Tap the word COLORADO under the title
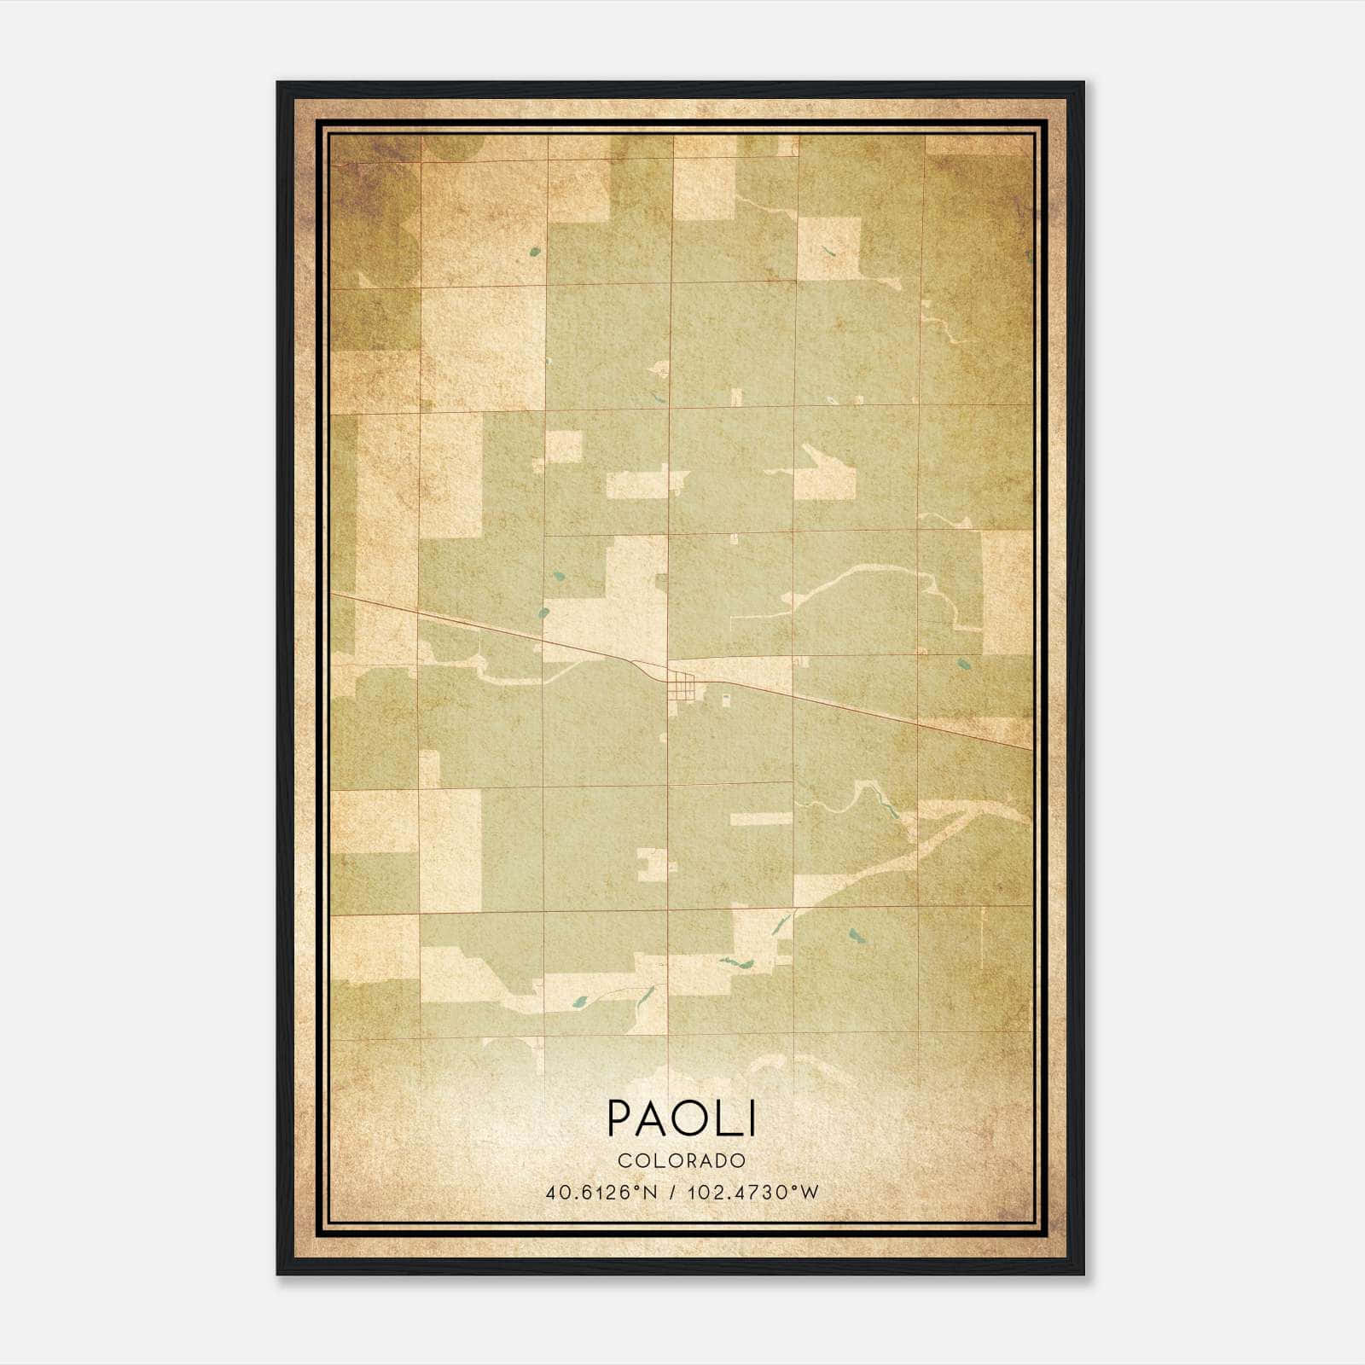point(682,1160)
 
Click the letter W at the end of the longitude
point(810,1192)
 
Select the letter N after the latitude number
point(650,1192)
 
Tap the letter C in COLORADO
point(624,1160)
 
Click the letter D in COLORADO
point(721,1160)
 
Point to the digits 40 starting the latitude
point(555,1192)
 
